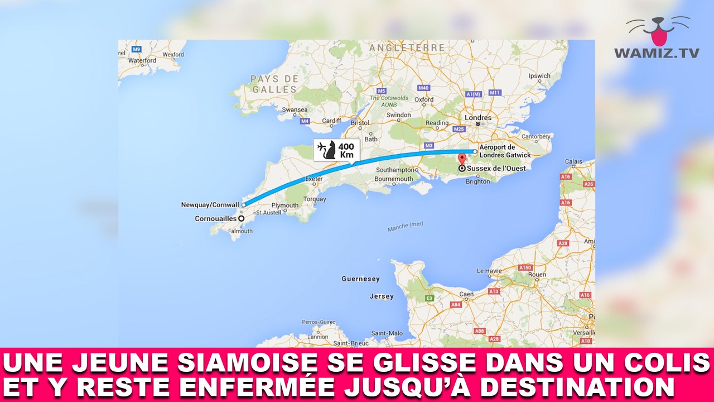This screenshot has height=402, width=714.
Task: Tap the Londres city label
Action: pyautogui.click(x=478, y=118)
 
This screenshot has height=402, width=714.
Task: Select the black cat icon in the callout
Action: pyautogui.click(x=330, y=150)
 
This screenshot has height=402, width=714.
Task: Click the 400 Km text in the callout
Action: pyautogui.click(x=346, y=150)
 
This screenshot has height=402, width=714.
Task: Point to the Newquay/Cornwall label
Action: pyautogui.click(x=210, y=205)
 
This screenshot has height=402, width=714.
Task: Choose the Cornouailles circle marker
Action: pyautogui.click(x=241, y=218)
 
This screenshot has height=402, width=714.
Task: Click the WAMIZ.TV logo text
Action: pyautogui.click(x=657, y=53)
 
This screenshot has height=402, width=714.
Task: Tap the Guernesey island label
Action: pyautogui.click(x=360, y=279)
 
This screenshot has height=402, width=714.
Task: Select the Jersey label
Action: pyautogui.click(x=382, y=296)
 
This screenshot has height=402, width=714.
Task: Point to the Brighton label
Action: pyautogui.click(x=478, y=181)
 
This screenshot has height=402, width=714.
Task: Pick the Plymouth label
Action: pyautogui.click(x=284, y=205)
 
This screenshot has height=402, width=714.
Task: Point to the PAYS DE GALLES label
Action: pyautogui.click(x=274, y=84)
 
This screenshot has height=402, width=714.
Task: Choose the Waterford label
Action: pyautogui.click(x=142, y=60)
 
